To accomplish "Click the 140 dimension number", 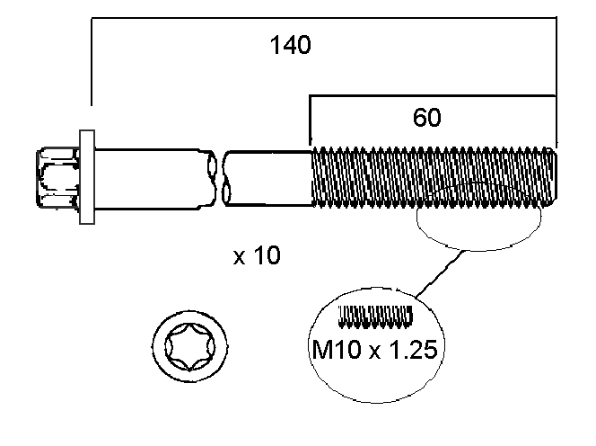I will coord(291,46).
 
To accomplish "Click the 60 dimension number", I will coord(427,117).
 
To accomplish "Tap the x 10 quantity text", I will coord(257,256).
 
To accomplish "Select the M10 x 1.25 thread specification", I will coord(374,349).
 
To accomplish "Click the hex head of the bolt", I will coord(57,175).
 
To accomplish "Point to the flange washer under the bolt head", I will coord(86,175).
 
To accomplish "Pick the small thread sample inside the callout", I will coord(376,317).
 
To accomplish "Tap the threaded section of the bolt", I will coord(431,176).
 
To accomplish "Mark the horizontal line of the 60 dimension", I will coord(431,94).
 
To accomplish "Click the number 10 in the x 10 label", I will coord(267,256).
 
